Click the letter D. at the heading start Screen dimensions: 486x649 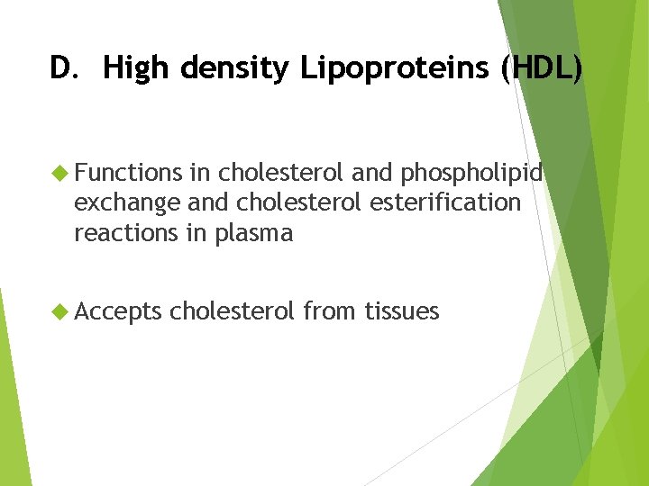coord(65,68)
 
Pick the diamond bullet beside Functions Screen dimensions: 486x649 coord(60,172)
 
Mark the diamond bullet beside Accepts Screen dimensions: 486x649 coord(60,311)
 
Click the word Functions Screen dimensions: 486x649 coord(128,172)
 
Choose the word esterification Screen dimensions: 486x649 coord(445,202)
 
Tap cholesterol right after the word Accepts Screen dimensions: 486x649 coord(232,311)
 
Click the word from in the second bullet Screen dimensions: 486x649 coord(330,311)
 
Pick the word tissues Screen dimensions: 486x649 coord(402,311)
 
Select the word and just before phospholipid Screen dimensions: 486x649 coord(371,172)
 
